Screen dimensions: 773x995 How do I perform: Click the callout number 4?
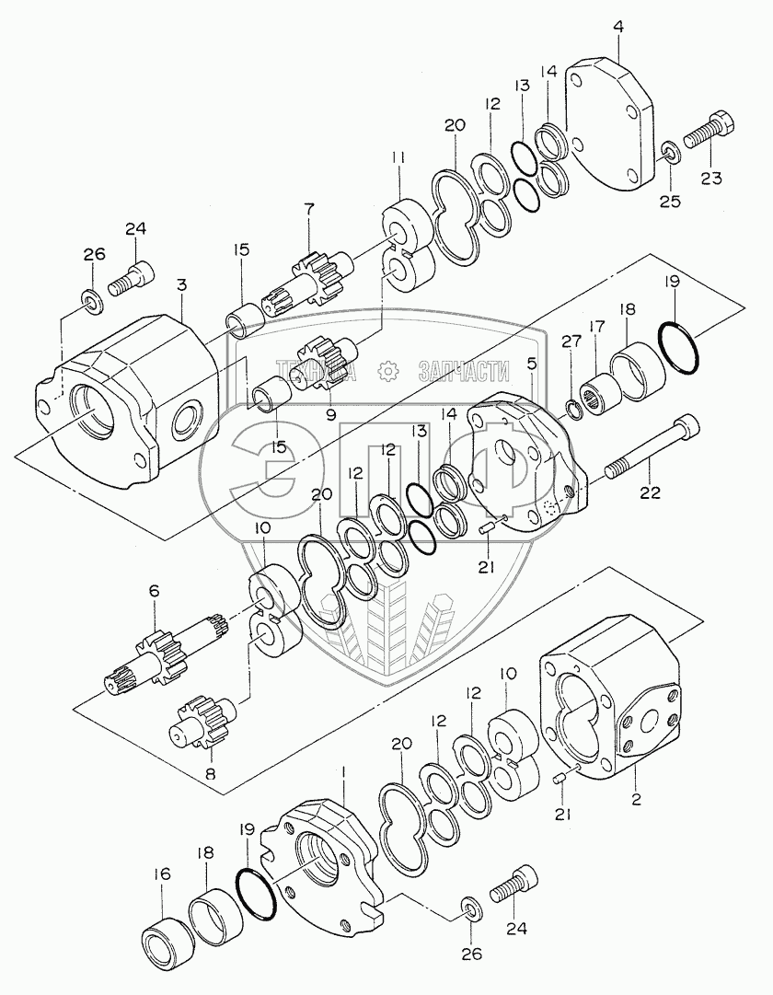click(618, 28)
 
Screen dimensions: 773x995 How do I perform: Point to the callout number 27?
click(571, 341)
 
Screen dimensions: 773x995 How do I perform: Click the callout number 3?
click(181, 285)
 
